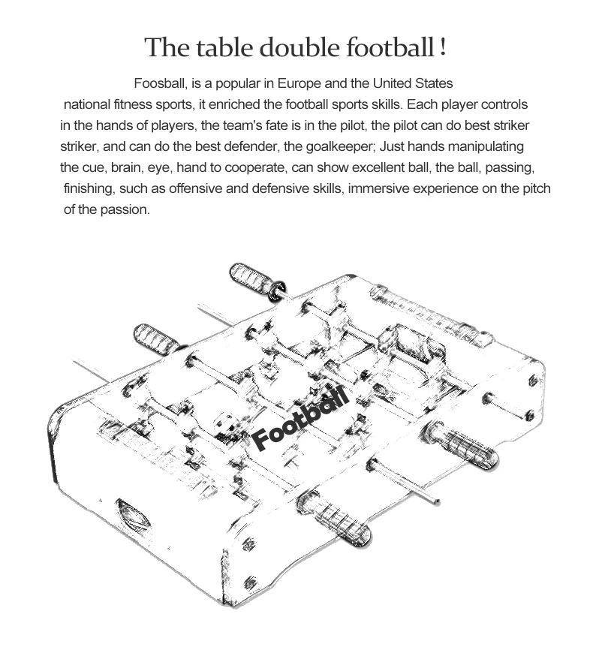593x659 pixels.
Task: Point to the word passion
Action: pos(128,209)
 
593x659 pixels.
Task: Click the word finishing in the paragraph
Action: pos(89,188)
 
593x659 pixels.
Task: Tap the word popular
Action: pos(234,83)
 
